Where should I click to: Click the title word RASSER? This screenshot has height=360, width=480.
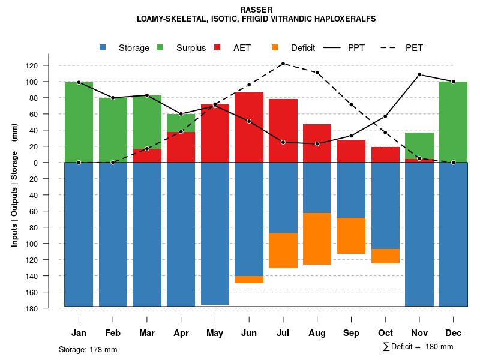(x=256, y=10)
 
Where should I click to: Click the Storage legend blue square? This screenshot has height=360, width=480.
(x=103, y=47)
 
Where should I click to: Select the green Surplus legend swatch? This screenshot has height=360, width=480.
(x=160, y=47)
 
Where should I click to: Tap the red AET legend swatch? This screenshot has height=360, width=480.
(x=217, y=47)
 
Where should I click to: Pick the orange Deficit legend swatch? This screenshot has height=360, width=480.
(x=275, y=47)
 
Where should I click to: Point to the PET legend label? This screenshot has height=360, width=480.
(x=418, y=48)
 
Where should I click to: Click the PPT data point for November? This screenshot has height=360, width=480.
(x=419, y=75)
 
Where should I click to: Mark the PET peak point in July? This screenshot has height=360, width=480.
(x=283, y=64)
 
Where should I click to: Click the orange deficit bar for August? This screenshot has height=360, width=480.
(x=317, y=239)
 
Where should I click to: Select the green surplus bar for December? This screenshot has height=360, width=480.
(x=454, y=122)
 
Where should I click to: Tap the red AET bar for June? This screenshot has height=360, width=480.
(x=249, y=127)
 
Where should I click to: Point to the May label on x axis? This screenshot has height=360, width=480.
(x=215, y=333)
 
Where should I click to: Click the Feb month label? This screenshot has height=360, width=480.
(x=113, y=333)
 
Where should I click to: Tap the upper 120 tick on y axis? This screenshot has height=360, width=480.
(x=49, y=65)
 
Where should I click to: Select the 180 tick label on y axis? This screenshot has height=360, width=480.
(x=49, y=308)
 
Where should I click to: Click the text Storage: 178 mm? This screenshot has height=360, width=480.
(x=88, y=349)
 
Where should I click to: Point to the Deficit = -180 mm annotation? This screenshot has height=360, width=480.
(x=418, y=347)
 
